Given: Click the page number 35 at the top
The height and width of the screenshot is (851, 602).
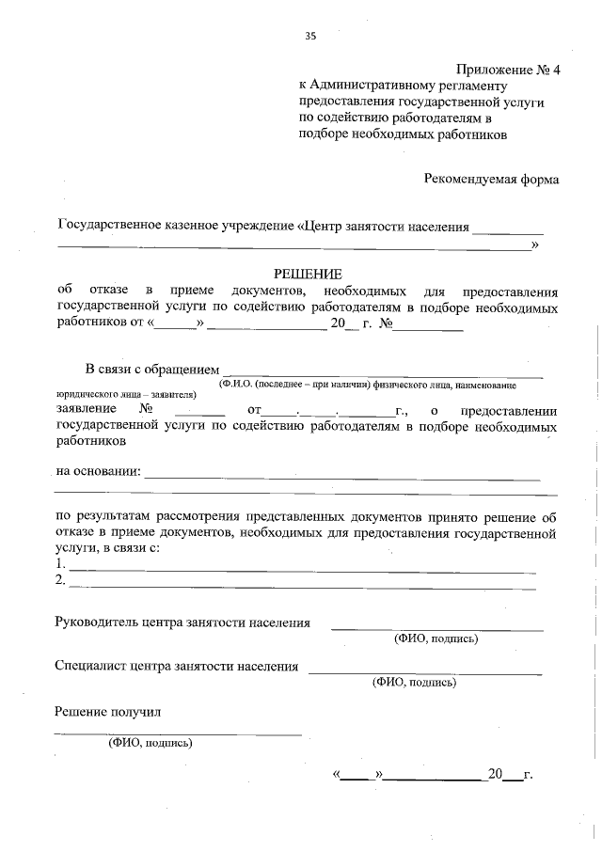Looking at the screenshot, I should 310,37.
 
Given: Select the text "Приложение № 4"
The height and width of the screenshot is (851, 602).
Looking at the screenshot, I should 507,70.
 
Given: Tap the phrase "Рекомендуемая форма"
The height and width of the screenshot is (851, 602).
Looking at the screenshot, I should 490,179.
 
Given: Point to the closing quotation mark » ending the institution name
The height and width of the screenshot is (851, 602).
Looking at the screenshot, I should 536,245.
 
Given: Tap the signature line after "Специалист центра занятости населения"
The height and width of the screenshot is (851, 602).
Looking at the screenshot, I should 425,671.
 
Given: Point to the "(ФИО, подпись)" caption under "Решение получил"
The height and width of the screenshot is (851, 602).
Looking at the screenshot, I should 150,743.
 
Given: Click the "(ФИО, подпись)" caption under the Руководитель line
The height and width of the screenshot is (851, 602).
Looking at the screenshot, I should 436,639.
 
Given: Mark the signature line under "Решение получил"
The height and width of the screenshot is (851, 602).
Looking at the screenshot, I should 178,732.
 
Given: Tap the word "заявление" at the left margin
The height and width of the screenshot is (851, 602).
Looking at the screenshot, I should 87,410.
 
